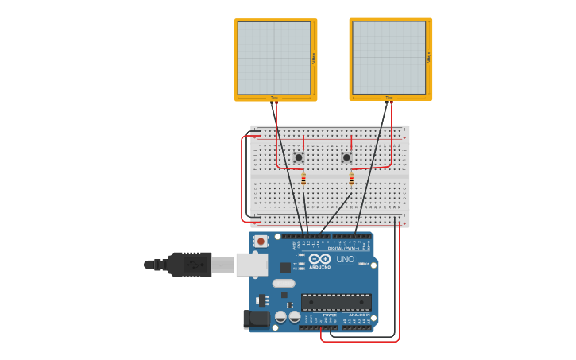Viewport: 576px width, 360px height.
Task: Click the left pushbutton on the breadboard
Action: coord(299,157)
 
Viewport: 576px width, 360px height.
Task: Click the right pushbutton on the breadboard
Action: coord(346,157)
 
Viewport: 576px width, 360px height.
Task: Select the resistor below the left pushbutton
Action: coord(303,180)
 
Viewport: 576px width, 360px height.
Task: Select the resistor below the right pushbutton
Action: coord(351,180)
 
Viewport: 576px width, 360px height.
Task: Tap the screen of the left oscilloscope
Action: coord(274,58)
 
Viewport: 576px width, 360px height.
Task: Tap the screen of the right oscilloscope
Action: coord(389,58)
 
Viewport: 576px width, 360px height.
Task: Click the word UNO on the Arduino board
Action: coord(345,259)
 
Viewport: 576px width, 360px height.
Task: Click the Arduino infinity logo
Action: coord(319,259)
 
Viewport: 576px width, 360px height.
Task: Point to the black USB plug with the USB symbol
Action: coord(190,265)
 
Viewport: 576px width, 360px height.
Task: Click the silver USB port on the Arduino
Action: coord(251,265)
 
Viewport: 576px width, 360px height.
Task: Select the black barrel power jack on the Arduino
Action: coord(257,319)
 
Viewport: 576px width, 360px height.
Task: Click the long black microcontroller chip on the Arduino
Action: coord(336,302)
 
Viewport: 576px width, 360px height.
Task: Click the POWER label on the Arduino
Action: coord(329,315)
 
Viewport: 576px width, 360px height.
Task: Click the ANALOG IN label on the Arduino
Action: coord(358,315)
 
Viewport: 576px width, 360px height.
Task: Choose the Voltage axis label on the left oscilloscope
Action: coord(314,57)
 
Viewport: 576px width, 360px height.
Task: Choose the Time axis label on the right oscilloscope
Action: coord(389,98)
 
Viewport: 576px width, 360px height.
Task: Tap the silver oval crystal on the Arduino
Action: coord(284,283)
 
